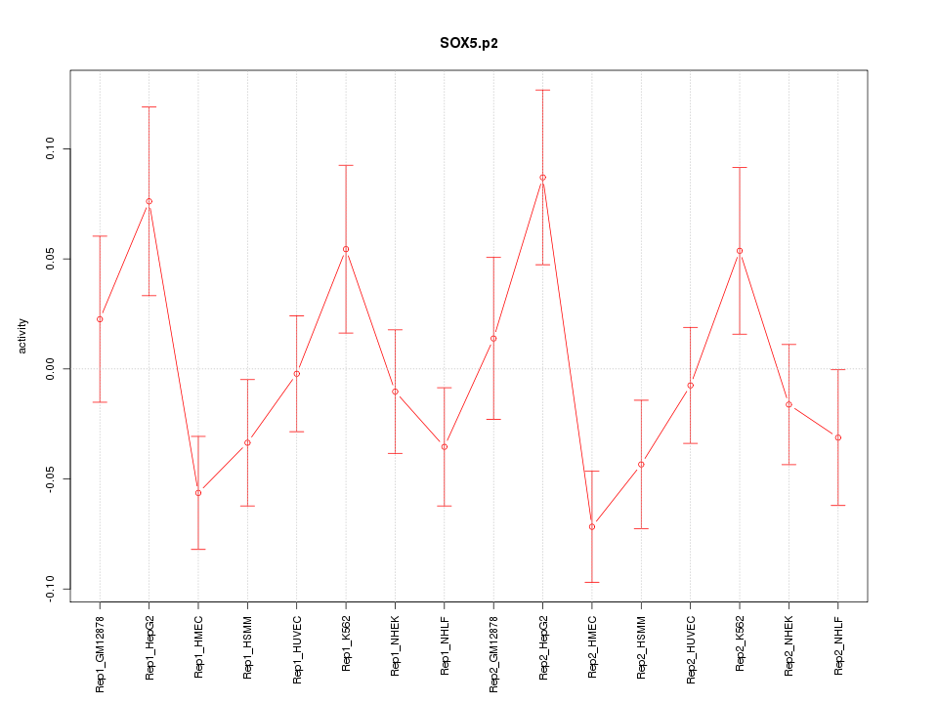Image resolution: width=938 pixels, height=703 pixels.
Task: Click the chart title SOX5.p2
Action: click(469, 44)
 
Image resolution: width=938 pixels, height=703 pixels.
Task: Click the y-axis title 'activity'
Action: click(23, 337)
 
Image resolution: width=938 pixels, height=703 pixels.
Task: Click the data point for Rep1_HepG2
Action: click(149, 201)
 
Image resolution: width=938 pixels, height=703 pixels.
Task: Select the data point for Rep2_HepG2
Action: click(542, 178)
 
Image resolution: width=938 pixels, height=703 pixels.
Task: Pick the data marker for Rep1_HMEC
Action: click(198, 493)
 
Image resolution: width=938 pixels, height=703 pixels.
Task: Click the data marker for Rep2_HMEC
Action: click(592, 526)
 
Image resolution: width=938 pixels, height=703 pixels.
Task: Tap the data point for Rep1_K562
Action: click(346, 249)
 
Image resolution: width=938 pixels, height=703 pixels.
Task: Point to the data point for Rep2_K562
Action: click(740, 251)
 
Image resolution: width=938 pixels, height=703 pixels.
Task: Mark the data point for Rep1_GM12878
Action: click(100, 319)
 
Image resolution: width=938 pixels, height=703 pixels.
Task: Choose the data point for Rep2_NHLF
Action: click(838, 437)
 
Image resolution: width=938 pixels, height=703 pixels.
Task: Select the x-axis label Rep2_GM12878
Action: click(493, 653)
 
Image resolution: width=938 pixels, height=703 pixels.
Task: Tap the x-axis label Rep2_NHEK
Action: click(789, 645)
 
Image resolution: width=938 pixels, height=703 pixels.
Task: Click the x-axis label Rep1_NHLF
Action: click(445, 645)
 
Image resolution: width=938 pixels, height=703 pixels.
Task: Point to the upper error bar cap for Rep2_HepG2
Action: click(542, 90)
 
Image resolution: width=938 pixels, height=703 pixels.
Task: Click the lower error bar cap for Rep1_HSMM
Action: click(247, 506)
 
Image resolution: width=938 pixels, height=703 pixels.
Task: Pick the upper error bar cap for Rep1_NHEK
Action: click(395, 330)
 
